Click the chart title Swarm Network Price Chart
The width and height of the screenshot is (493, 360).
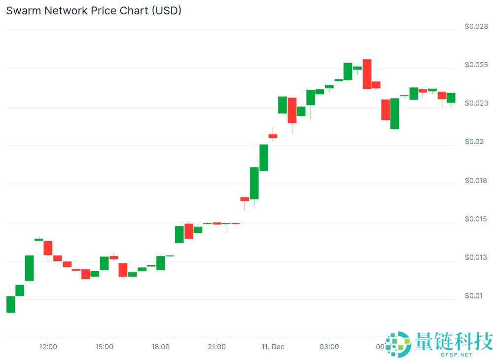[x=94, y=10]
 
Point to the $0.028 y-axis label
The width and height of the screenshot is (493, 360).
[x=476, y=26]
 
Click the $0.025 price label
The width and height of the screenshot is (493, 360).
[x=476, y=65]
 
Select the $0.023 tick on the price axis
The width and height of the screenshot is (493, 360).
[x=476, y=103]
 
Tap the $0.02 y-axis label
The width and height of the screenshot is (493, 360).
[x=474, y=142]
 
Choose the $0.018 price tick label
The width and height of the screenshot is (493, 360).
[x=476, y=180]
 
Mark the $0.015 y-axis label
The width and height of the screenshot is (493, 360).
[x=476, y=219]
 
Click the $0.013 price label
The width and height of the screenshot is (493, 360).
[x=476, y=257]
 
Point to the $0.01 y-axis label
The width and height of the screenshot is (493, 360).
[x=474, y=296]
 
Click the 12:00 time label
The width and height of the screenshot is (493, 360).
[x=48, y=347]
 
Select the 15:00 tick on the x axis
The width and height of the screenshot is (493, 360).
[x=104, y=347]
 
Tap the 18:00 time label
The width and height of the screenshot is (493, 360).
[x=160, y=347]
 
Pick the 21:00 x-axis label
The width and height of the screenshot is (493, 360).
[x=216, y=347]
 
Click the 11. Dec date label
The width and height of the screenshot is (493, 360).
[x=273, y=347]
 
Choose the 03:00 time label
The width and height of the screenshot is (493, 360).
[x=329, y=347]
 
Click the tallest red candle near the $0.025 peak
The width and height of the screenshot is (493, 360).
[x=367, y=74]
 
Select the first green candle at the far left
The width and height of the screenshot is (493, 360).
[x=10, y=304]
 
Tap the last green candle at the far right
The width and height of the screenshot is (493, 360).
[x=451, y=98]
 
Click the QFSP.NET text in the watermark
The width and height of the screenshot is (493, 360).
[x=458, y=355]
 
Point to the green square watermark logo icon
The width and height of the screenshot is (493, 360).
[x=398, y=344]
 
